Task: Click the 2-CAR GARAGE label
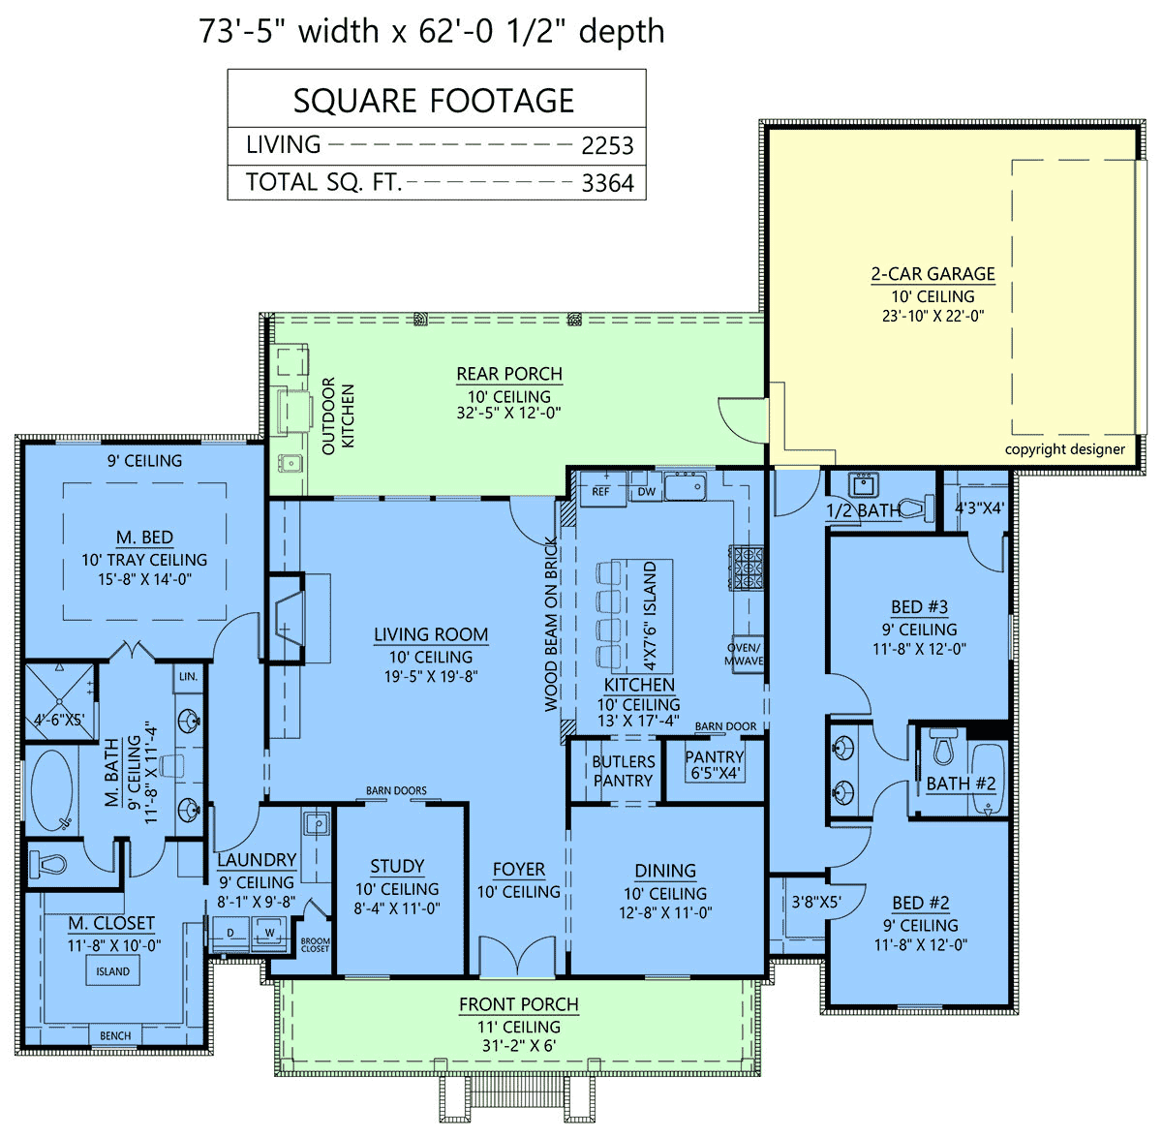(x=933, y=274)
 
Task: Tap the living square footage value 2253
(x=607, y=146)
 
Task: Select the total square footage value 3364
(x=607, y=183)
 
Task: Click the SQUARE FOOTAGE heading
(x=434, y=100)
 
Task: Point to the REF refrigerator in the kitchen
(x=600, y=491)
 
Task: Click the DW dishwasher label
(x=647, y=492)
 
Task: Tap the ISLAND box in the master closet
(x=112, y=971)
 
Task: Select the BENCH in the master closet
(x=115, y=1035)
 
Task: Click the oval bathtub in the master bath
(x=52, y=791)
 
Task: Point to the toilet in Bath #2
(x=943, y=747)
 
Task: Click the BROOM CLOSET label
(x=315, y=945)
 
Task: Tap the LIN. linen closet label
(x=188, y=676)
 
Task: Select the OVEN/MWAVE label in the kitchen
(x=744, y=654)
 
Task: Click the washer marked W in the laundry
(x=269, y=934)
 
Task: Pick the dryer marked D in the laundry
(x=229, y=934)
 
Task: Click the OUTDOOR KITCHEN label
(x=338, y=415)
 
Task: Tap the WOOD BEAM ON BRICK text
(x=551, y=625)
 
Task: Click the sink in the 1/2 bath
(x=863, y=484)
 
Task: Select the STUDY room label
(x=397, y=866)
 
